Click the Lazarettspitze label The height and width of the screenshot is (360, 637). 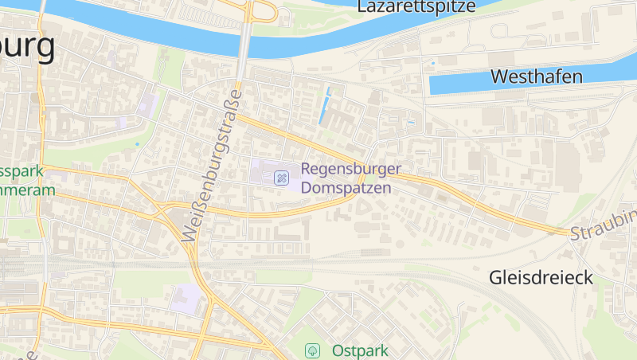pos(416,7)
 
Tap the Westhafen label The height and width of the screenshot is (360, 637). pos(537,76)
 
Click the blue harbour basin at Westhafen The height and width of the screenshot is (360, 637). pos(462,84)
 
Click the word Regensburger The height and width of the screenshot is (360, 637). pos(351,170)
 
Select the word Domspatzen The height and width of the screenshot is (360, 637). pos(346,189)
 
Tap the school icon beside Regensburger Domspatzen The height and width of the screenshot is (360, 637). pos(281,178)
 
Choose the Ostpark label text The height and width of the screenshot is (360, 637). pos(360,350)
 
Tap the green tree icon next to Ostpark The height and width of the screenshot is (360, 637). pos(314,350)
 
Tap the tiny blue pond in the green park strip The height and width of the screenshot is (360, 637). pos(137,144)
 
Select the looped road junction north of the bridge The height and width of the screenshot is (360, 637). pos(263,11)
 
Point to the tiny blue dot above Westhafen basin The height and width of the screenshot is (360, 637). pos(433,63)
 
